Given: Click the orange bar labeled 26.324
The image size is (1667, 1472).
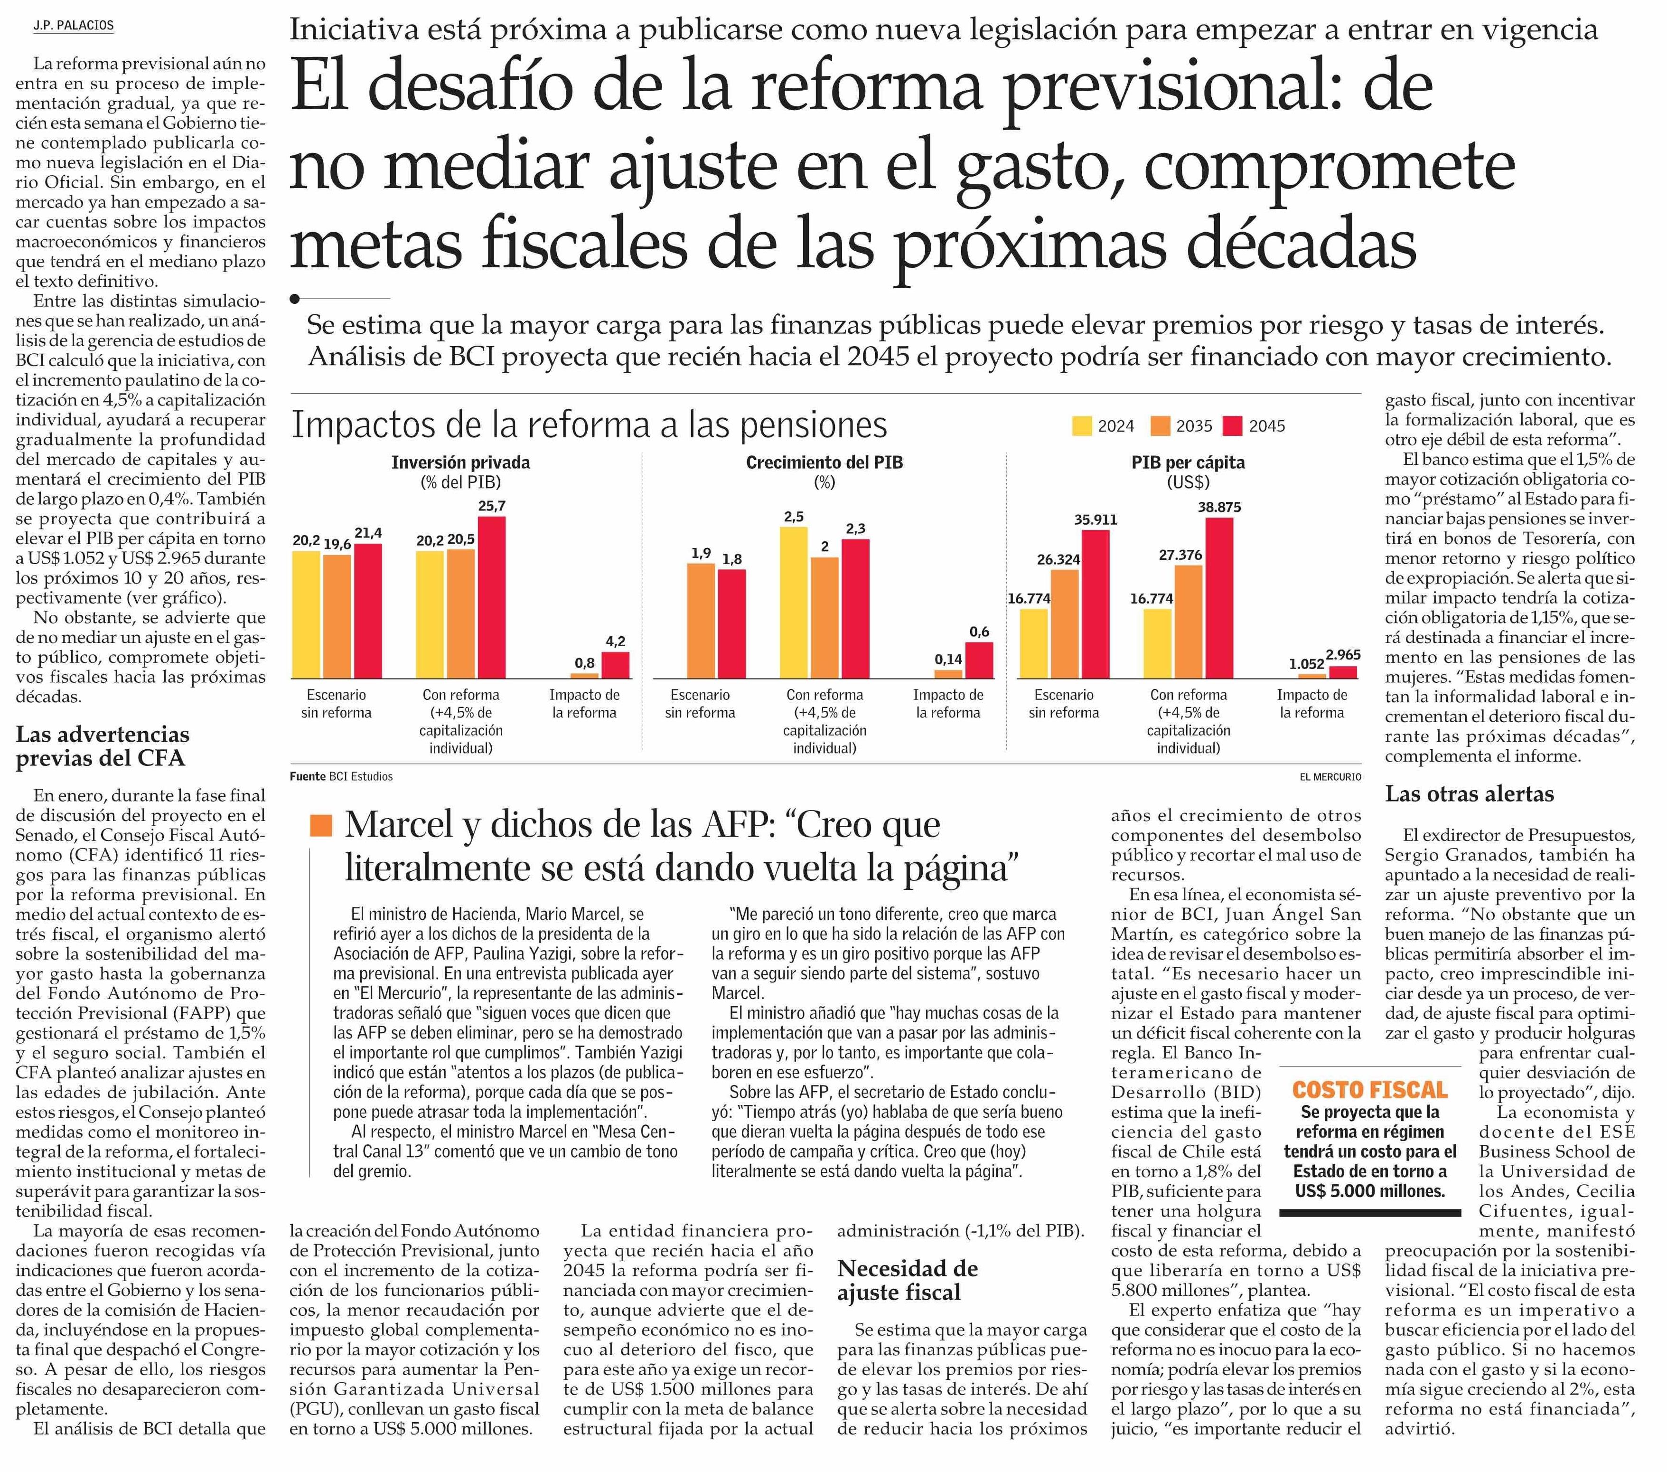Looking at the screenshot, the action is pyautogui.click(x=1064, y=624).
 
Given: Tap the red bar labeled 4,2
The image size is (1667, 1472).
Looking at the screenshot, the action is pyautogui.click(x=616, y=665).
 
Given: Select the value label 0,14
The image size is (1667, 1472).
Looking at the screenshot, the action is pyautogui.click(x=948, y=659).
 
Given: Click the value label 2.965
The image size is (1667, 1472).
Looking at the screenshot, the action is pyautogui.click(x=1343, y=654).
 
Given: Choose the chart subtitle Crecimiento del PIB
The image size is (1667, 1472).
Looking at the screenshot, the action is pyautogui.click(x=824, y=462).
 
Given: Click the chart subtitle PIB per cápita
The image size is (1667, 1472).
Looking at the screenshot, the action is pyautogui.click(x=1188, y=462).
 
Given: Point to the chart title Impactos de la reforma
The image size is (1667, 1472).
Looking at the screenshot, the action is pyautogui.click(x=590, y=425).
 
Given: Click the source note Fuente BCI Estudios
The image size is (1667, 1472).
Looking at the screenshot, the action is pyautogui.click(x=342, y=777).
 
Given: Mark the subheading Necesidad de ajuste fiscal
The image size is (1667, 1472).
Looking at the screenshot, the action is pyautogui.click(x=908, y=1280).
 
